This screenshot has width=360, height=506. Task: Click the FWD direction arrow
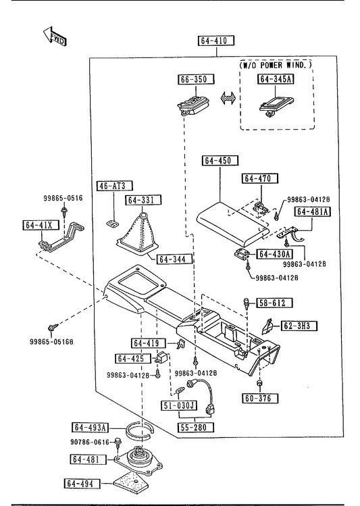[x=55, y=36]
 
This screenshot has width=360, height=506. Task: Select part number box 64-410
[x=216, y=41]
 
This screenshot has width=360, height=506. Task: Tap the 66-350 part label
[x=196, y=79]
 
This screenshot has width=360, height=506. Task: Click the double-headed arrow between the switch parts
[x=228, y=98]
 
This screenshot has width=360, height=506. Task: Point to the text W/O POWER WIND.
[x=276, y=65]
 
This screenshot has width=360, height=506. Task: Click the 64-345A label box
[x=276, y=79]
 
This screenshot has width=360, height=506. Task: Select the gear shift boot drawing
[x=138, y=234]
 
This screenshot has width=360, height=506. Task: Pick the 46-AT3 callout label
[x=115, y=186]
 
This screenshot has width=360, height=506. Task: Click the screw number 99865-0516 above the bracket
[x=63, y=198]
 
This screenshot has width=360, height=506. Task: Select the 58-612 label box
[x=274, y=303]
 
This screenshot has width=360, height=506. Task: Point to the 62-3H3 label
[x=299, y=326]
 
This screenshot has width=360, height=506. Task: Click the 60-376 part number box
[x=260, y=398]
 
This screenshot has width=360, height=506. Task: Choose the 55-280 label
[x=196, y=427]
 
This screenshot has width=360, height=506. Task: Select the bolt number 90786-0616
[x=90, y=442]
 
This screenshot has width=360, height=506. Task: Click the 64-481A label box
[x=313, y=211]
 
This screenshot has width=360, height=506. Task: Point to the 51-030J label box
[x=179, y=405]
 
